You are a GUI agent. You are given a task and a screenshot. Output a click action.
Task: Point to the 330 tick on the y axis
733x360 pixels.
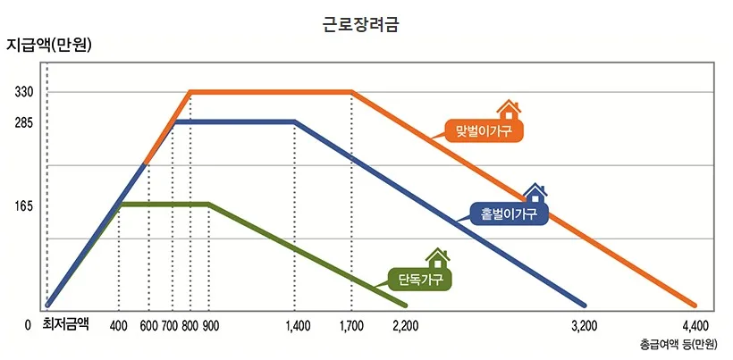(x=23, y=92)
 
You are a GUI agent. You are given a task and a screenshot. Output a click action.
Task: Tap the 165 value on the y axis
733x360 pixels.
(x=23, y=205)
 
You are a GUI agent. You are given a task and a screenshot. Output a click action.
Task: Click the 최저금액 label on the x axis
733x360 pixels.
(x=65, y=324)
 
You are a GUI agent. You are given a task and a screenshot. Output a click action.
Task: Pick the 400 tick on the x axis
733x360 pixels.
(x=119, y=325)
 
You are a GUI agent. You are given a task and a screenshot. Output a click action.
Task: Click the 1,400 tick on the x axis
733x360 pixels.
(x=298, y=325)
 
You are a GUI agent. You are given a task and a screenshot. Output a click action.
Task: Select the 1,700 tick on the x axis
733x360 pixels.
(x=352, y=325)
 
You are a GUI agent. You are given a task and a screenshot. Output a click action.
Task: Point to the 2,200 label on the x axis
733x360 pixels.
(x=406, y=325)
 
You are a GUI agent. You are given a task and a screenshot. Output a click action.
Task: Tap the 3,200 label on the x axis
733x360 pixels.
(x=584, y=325)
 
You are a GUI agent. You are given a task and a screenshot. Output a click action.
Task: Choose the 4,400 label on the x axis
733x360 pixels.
(x=695, y=325)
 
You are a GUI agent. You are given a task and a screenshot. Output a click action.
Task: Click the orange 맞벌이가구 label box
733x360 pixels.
(x=484, y=131)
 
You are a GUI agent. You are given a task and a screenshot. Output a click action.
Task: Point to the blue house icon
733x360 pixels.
(x=535, y=192)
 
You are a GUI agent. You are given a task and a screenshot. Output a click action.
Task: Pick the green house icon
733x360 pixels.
(x=437, y=257)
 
